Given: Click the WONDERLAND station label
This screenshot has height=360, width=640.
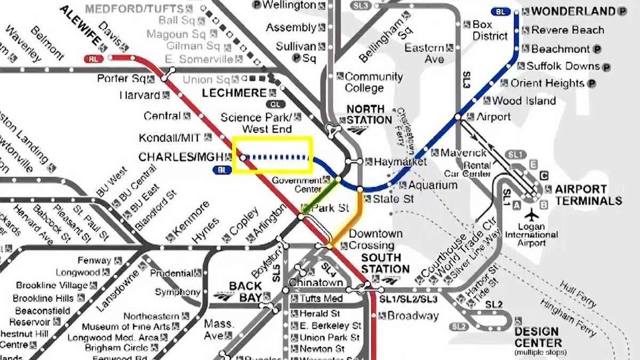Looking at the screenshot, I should [573, 11].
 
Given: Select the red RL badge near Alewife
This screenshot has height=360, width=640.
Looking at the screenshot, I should [93, 59].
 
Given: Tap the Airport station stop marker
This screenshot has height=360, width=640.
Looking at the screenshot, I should [458, 117].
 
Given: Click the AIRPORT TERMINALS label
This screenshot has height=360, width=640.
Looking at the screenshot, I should [588, 195].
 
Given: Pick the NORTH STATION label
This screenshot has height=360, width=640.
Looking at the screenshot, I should [369, 115].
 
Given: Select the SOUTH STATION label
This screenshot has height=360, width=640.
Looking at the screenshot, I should [385, 263].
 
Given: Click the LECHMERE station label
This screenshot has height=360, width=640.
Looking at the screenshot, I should [234, 93].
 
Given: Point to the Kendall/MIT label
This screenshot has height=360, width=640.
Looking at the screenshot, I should [170, 138].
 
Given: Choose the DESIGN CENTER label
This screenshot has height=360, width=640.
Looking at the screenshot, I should [538, 337].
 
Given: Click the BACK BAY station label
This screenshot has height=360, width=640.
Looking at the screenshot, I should [245, 292].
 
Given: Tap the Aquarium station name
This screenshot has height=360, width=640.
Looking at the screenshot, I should [433, 185].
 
